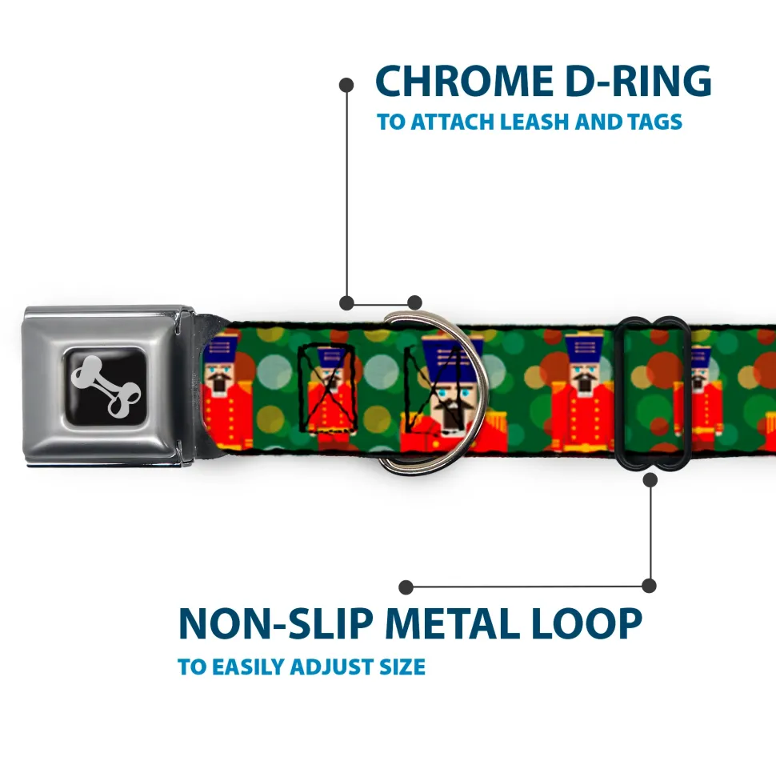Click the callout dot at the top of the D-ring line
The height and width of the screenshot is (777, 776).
[346, 83]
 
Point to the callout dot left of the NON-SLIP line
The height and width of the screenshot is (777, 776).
[406, 587]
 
